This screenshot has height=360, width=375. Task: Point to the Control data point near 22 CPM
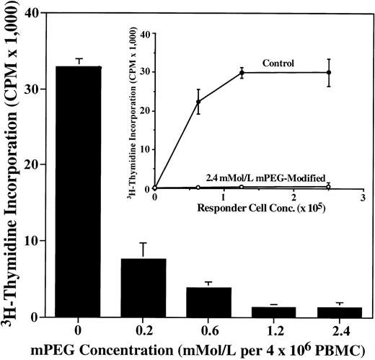[x=198, y=102]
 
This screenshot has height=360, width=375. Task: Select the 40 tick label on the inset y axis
[x=145, y=34]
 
